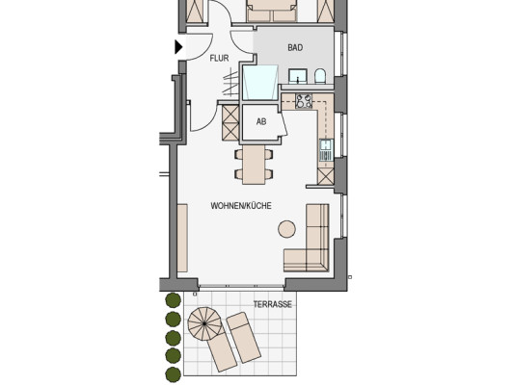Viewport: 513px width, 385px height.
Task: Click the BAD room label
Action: (x=295, y=48)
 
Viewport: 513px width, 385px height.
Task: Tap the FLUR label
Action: (x=219, y=59)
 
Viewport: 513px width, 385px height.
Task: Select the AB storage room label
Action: (x=261, y=122)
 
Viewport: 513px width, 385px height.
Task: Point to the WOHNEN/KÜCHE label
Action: (x=241, y=206)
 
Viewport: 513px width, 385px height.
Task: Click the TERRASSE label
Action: (x=273, y=304)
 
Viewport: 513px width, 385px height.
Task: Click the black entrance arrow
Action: (x=178, y=47)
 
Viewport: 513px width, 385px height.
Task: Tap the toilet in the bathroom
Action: (x=320, y=76)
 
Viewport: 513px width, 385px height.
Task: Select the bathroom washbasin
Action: (x=298, y=76)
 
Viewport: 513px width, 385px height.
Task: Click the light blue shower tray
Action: (x=260, y=82)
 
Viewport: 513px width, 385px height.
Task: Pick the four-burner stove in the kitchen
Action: (x=304, y=101)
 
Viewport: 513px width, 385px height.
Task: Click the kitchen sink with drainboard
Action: (x=326, y=150)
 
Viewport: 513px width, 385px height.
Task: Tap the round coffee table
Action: (x=287, y=229)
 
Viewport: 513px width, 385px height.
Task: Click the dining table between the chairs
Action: (x=254, y=165)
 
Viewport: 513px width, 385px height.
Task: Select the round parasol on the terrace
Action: (x=204, y=323)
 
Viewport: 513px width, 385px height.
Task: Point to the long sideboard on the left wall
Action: (x=182, y=238)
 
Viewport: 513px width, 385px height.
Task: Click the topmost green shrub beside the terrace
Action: (x=173, y=300)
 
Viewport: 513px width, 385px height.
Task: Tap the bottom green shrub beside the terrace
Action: (x=173, y=374)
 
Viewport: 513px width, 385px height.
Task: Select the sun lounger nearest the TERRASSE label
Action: (x=244, y=337)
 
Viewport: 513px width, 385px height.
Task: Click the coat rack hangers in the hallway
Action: (x=231, y=84)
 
